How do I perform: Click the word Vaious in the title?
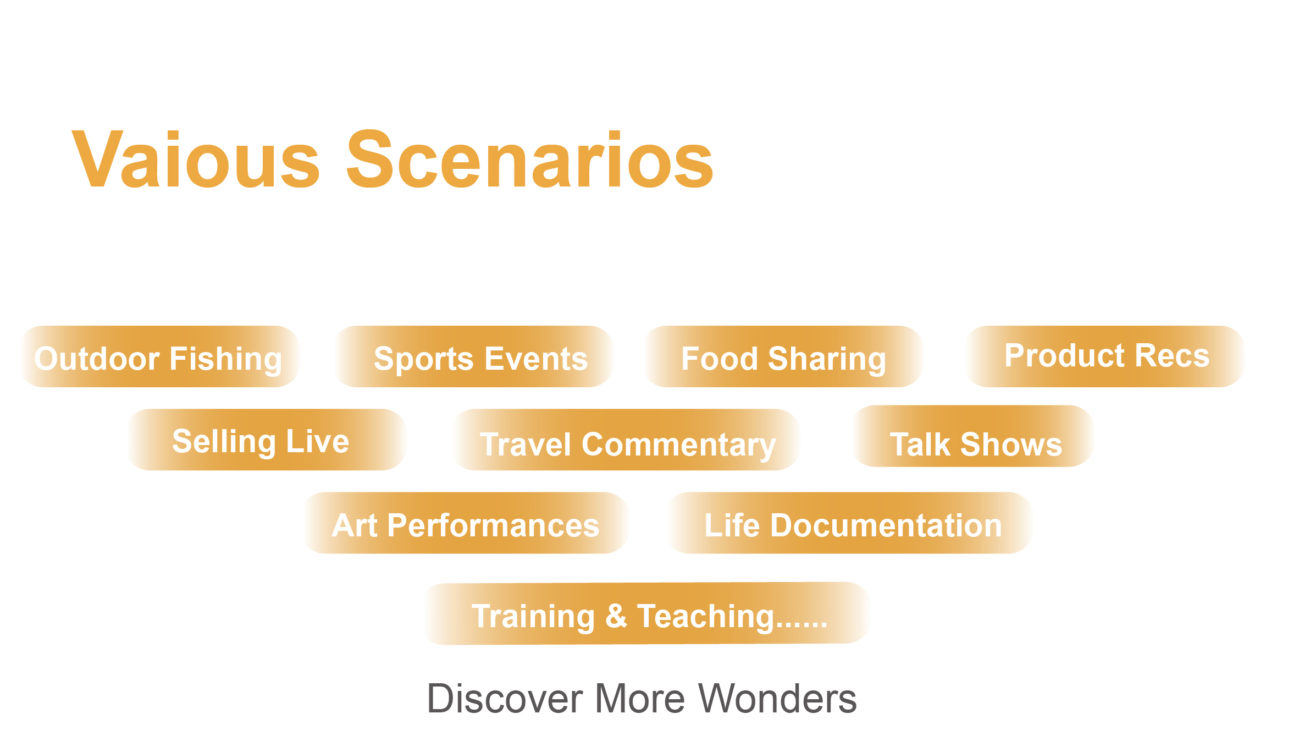[x=196, y=160]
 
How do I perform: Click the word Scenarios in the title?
[x=529, y=160]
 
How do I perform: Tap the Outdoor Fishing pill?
[x=160, y=356]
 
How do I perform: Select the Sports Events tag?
[x=474, y=356]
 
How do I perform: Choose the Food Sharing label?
[x=783, y=356]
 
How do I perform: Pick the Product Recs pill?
[x=1106, y=356]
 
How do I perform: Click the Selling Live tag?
[x=267, y=440]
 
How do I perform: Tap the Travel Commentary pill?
[x=626, y=440]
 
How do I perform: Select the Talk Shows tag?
[x=973, y=436]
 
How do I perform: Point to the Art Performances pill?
[x=466, y=523]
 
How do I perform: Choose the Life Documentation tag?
[x=850, y=523]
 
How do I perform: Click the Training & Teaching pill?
[x=647, y=613]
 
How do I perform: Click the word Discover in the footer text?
[x=505, y=699]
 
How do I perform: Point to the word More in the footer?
[x=640, y=699]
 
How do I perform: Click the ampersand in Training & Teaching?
[x=616, y=616]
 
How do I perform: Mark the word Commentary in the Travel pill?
[x=679, y=445]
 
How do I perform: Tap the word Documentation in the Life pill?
[x=886, y=525]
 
